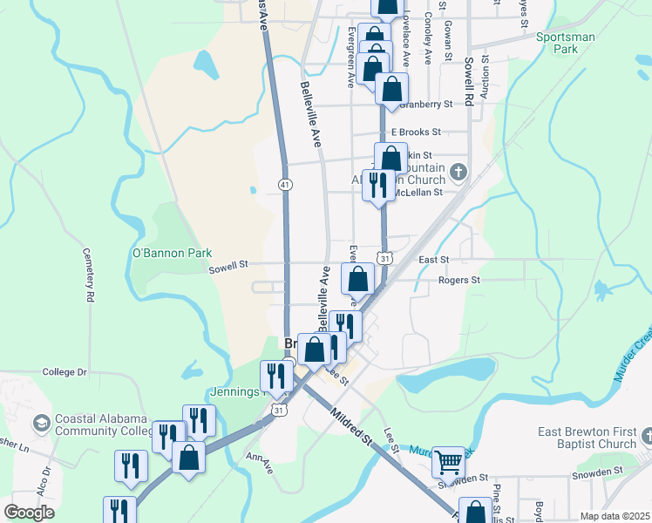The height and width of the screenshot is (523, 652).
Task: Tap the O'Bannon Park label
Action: (x=172, y=254)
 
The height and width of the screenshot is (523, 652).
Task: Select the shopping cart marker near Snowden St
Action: (x=448, y=461)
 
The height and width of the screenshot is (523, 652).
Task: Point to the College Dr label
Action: (x=65, y=372)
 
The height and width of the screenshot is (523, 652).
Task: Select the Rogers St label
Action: (x=459, y=281)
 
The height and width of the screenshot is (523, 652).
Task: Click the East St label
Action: (x=433, y=260)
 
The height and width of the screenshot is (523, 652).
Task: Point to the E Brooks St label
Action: (x=416, y=132)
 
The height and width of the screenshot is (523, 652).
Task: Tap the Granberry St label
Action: (x=426, y=104)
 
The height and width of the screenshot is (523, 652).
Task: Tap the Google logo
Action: (x=30, y=513)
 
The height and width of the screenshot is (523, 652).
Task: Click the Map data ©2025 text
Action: (x=614, y=516)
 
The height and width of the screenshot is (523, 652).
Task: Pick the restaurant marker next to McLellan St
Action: (x=378, y=185)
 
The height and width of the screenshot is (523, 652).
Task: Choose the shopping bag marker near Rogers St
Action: (x=357, y=280)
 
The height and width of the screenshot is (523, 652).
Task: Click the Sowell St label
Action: (x=228, y=265)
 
